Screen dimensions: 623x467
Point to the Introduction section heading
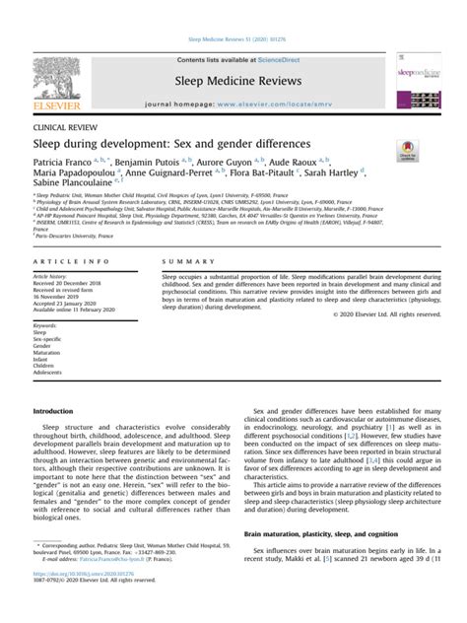pos(53,411)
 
